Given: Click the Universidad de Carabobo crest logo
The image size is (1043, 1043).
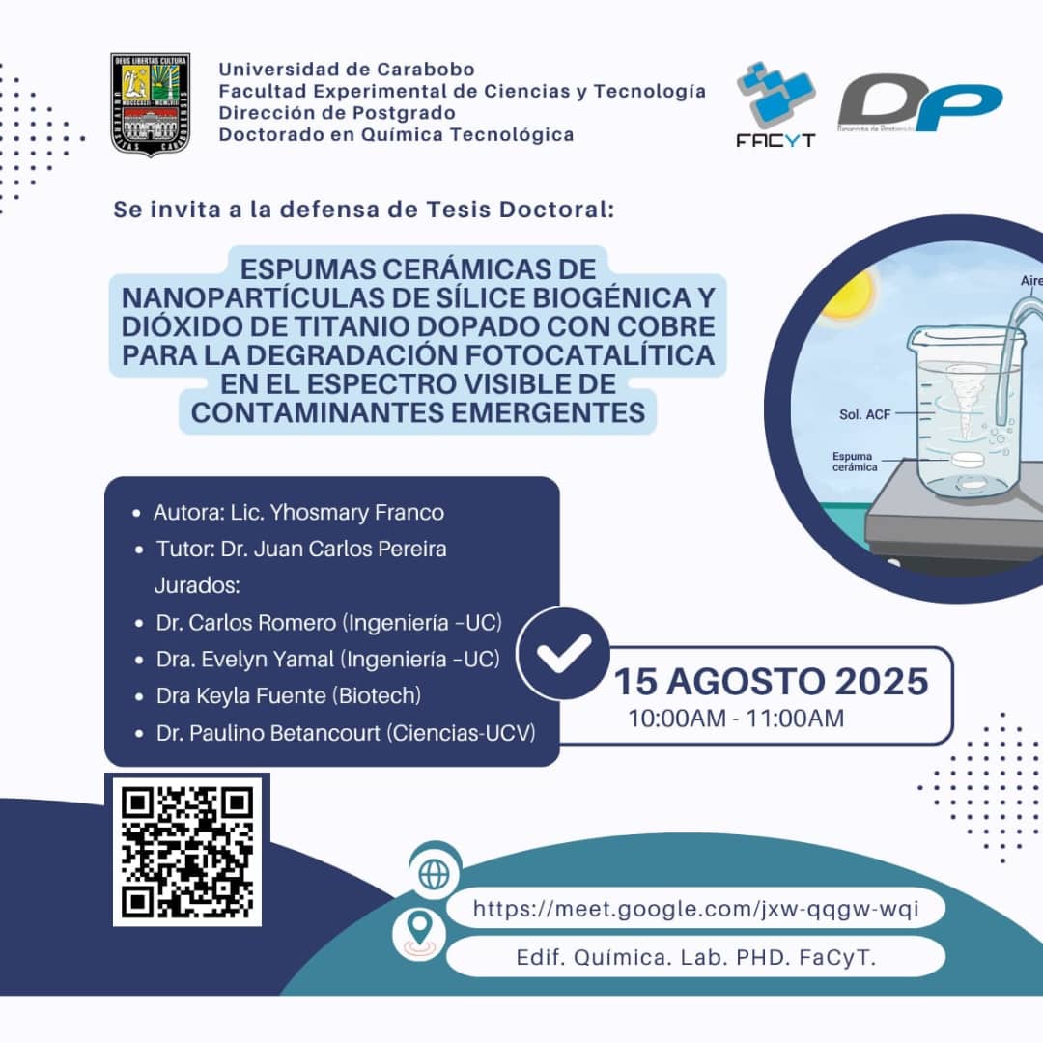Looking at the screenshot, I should click(x=150, y=104).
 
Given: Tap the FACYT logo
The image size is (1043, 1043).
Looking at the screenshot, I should click(x=775, y=104).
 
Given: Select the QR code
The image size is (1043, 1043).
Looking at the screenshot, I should click(x=186, y=850).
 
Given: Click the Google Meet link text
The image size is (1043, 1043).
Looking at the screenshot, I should click(x=694, y=909).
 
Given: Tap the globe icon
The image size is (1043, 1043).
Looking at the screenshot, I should click(x=435, y=873).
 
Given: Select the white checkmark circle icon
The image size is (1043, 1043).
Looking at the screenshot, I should click(x=564, y=653).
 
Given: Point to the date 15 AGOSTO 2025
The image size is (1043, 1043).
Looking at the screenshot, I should click(x=771, y=682).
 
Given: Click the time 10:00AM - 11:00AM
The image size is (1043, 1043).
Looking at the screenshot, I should click(x=736, y=719).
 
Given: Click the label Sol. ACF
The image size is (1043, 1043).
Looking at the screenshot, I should click(x=864, y=414).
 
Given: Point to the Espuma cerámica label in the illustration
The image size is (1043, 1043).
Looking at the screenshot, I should click(x=855, y=462).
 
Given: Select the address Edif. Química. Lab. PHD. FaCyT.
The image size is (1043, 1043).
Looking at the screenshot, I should click(x=695, y=958).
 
